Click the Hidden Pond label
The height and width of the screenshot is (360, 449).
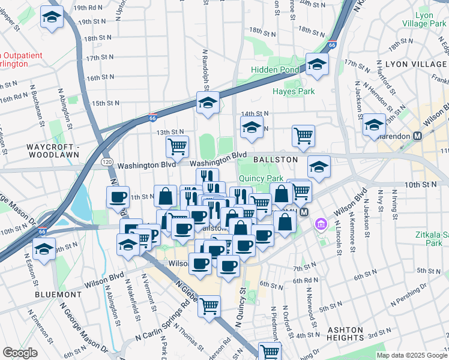(267, 70)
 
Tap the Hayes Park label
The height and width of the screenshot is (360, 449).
(294, 92)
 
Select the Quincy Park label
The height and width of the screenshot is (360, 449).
(261, 178)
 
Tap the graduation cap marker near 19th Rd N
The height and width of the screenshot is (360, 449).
(52, 17)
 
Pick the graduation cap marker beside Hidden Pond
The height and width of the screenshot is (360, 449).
(316, 65)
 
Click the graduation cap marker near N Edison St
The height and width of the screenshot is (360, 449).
(44, 248)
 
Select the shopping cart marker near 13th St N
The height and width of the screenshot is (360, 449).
(177, 146)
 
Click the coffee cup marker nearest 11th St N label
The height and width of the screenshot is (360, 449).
(118, 197)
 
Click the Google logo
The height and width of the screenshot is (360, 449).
(20, 353)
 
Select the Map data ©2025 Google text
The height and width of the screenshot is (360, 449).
(411, 355)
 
